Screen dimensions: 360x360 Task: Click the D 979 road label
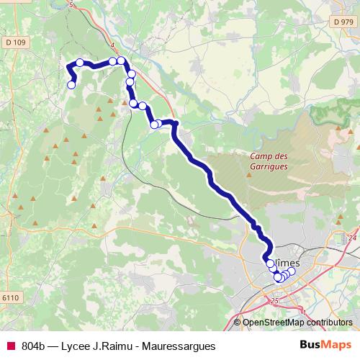pyautogui.click(x=344, y=23)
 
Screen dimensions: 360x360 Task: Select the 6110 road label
pyautogui.click(x=12, y=297)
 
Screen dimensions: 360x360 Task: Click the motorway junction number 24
pyautogui.click(x=352, y=238)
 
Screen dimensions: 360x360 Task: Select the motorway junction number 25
pyautogui.click(x=274, y=300)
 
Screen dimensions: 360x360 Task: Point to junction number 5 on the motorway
pyautogui.click(x=71, y=5)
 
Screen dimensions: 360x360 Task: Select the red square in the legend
pyautogui.click(x=9, y=346)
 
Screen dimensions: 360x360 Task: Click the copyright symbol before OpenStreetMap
pyautogui.click(x=238, y=323)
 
